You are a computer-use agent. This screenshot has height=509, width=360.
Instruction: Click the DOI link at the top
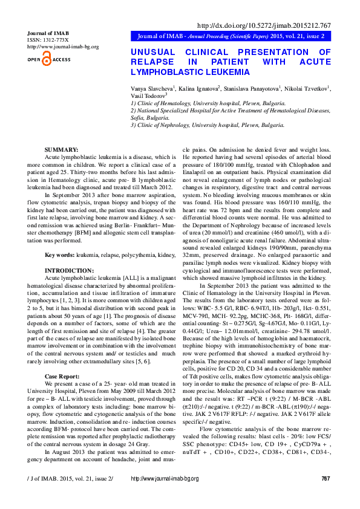(264, 25)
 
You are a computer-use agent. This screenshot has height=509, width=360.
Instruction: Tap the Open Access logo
(49, 59)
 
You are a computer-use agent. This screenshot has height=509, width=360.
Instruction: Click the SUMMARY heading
(61, 149)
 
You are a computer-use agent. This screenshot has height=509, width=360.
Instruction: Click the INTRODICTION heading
(70, 270)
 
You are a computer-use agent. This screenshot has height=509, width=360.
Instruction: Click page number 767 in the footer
(326, 496)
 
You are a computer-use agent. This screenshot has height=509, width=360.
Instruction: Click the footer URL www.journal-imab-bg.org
(165, 496)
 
